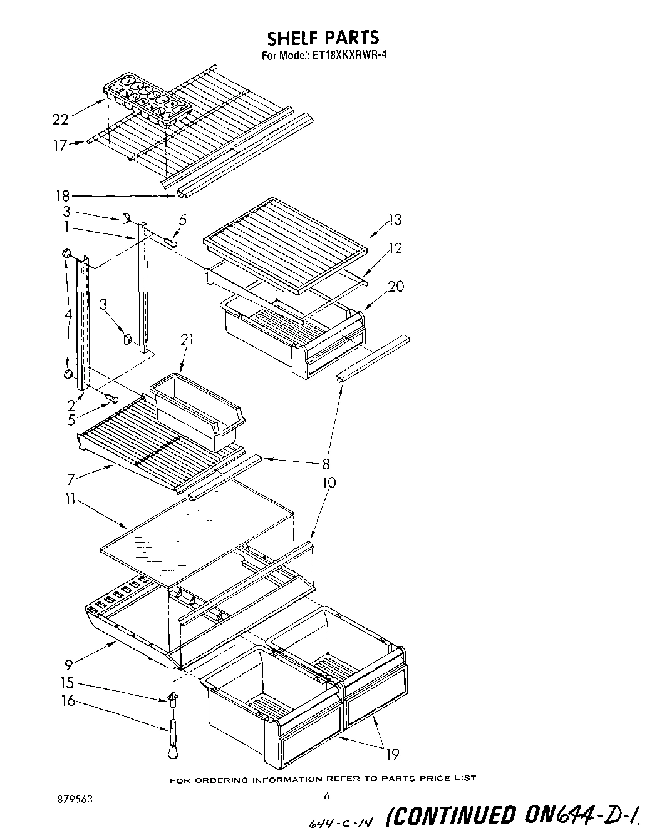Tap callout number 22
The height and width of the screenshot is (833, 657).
coord(61,118)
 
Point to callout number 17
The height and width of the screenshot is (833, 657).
coord(59,146)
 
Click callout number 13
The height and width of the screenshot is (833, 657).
coord(395,220)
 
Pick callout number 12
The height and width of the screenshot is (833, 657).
coord(395,248)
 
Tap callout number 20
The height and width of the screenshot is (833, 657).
coord(396,286)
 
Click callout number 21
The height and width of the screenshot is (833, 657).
coord(187,340)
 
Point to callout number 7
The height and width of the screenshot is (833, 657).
coord(72,479)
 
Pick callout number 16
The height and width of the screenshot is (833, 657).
coord(68,702)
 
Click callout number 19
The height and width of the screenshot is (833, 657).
coord(393,754)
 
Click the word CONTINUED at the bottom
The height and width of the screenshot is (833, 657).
coord(454,815)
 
